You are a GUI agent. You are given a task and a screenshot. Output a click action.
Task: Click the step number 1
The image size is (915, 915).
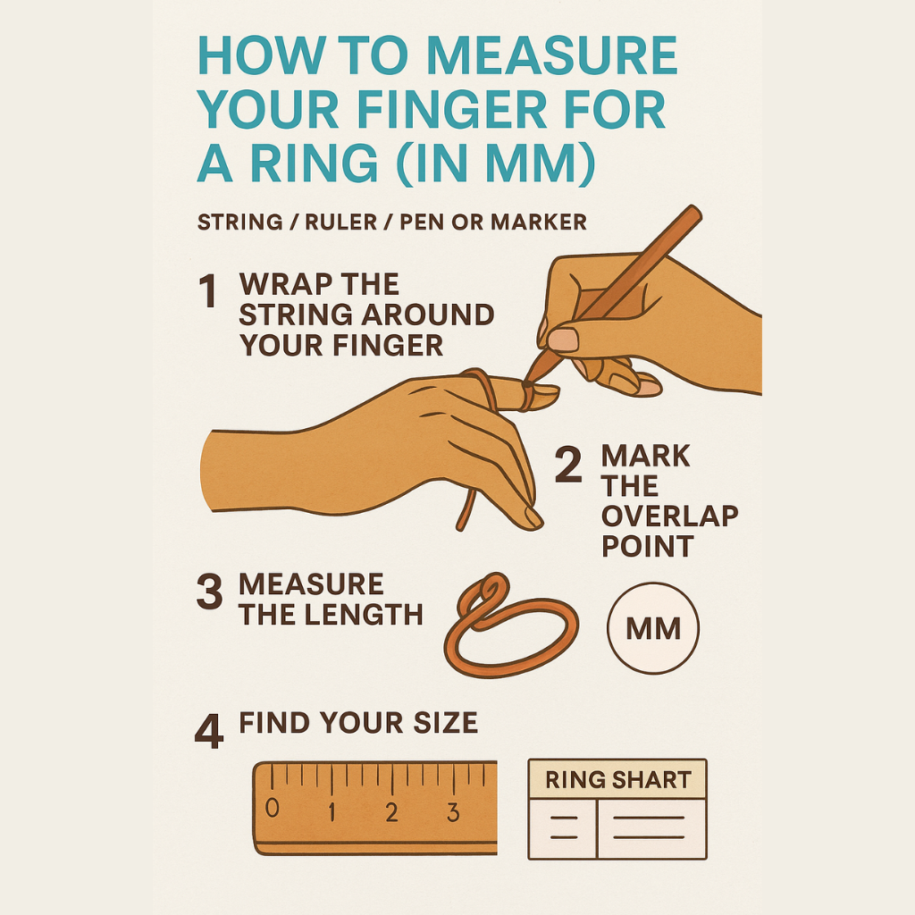pos(208,290)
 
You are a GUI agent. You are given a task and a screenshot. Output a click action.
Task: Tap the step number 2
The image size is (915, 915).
pos(568,465)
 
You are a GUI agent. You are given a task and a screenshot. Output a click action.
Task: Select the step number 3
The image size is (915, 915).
pos(209,592)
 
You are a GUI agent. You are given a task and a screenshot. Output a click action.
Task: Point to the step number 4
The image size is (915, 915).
pos(209,731)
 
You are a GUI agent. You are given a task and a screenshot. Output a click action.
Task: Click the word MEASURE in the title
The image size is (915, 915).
pos(551,55)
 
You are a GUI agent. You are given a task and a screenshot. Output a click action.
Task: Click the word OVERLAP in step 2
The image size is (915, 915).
pos(670,516)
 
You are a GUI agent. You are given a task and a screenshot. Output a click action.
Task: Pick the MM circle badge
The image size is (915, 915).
pos(653,628)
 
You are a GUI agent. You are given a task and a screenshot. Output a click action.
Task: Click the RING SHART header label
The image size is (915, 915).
pos(618,779)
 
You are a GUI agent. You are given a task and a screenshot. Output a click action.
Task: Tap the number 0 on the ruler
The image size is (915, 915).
pos(272,808)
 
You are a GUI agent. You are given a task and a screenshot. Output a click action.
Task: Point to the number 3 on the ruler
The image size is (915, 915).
pos(453,812)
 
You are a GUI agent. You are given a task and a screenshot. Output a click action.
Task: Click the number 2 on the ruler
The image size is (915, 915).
pos(391,812)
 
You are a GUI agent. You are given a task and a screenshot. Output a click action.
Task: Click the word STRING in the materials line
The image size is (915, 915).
pos(239,222)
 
